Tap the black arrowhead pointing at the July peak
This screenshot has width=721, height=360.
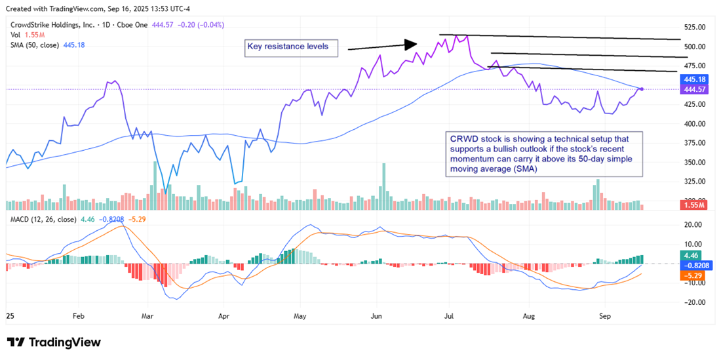(x=410, y=45)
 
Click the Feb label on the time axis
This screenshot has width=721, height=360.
(x=78, y=315)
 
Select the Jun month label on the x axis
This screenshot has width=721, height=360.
(x=376, y=315)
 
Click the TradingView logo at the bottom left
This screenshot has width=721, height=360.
(x=54, y=342)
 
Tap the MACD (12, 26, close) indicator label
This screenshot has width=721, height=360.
(x=43, y=219)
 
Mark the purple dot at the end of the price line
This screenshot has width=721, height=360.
(x=641, y=89)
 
